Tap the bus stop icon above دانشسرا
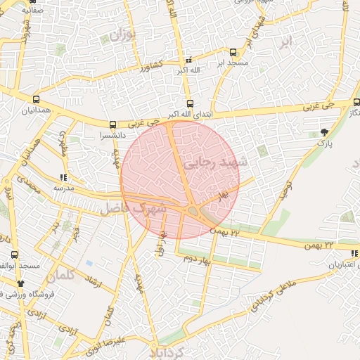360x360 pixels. point(113,124)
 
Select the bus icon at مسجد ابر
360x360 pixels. point(233,52)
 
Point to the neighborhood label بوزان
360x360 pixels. point(122,34)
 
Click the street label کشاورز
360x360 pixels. point(150,67)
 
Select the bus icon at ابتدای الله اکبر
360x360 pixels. point(190,103)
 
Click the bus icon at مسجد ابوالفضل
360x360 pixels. point(14,255)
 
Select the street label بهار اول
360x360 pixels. point(160,243)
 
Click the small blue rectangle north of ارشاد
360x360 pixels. point(89,264)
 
